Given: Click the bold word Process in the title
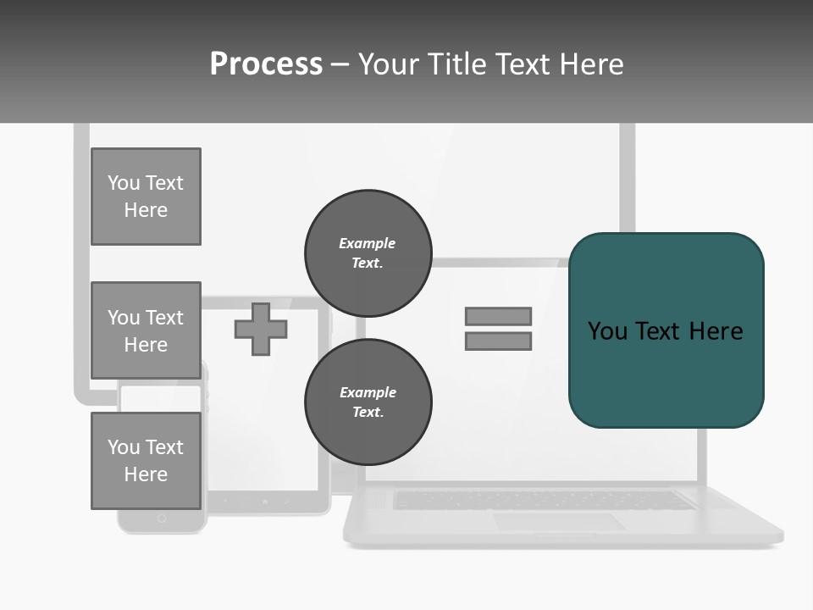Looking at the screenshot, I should (266, 64).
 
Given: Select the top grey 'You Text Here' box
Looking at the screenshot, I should (146, 197).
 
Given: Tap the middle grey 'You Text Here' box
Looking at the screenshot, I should (146, 330).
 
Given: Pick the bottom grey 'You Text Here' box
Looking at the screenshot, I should (146, 461).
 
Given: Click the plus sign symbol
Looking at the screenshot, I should (261, 329).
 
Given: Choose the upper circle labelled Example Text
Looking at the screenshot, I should (368, 252).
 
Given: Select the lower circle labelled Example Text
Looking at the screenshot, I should (368, 402).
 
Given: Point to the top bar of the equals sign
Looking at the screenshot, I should (498, 316).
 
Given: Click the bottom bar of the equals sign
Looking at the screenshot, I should (498, 341).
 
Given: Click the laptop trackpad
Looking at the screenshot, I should (559, 522).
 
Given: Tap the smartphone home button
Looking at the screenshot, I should (162, 518).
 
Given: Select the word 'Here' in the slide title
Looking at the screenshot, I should (591, 64).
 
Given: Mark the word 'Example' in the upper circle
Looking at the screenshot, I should (368, 243).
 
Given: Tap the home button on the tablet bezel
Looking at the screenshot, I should (265, 502).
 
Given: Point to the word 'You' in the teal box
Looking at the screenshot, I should (607, 330).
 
